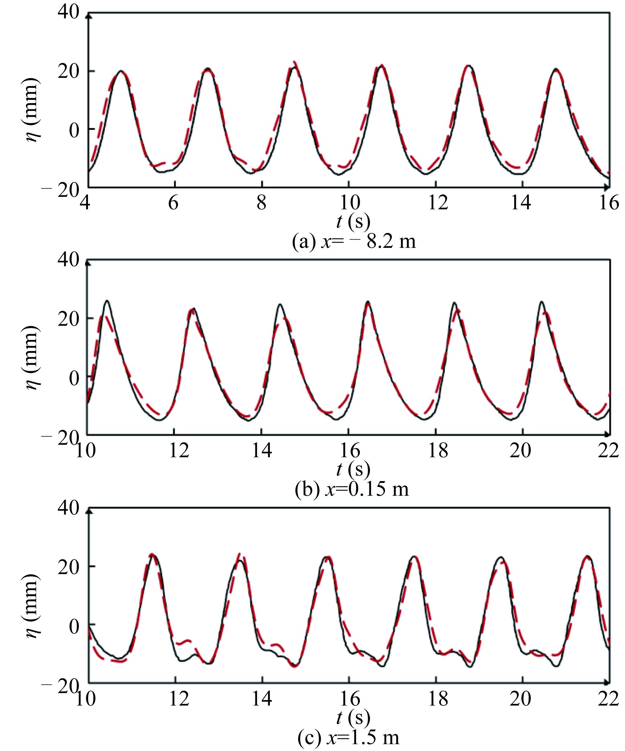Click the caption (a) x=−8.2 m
point(354,242)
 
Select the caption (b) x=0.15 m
point(352,489)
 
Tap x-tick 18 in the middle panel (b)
point(438,451)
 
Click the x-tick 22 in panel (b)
point(608,451)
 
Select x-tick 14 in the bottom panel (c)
point(262,698)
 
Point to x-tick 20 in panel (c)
point(521,698)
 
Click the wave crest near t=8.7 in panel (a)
point(294,64)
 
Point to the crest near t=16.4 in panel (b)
point(368,302)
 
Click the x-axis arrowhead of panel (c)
point(607,683)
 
